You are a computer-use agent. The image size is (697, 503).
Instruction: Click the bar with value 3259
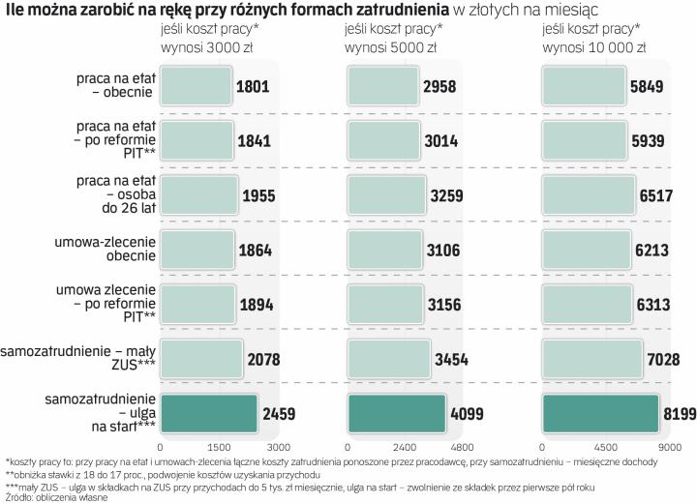pos(387,195)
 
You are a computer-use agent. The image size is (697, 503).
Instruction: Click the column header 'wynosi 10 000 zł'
pos(591,46)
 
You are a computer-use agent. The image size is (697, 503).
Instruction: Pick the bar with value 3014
pos(384,141)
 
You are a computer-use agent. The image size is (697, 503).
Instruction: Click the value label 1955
pos(258,195)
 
